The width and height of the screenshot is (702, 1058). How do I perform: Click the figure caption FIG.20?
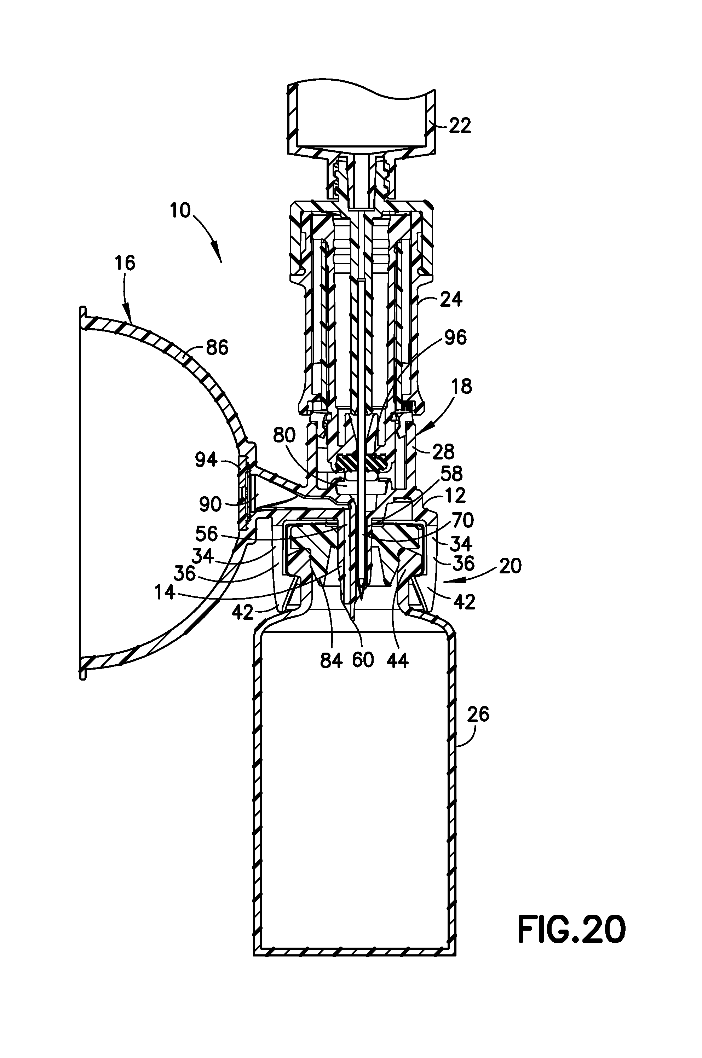571,930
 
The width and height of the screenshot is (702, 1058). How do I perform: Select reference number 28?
444,452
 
